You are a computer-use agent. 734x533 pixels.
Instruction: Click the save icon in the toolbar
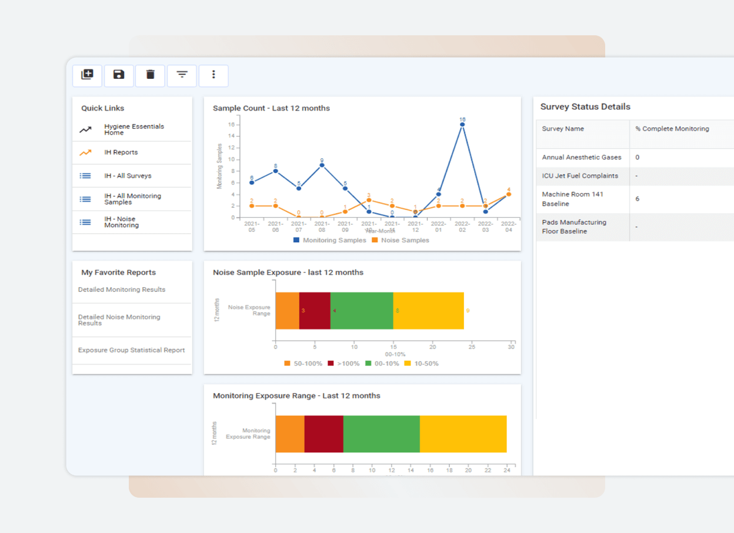(x=119, y=75)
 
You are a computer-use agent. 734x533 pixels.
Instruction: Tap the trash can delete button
(x=151, y=75)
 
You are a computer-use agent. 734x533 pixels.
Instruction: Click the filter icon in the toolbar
(x=182, y=75)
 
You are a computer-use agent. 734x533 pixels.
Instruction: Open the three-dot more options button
(x=213, y=75)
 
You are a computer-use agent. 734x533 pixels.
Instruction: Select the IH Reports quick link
(x=121, y=152)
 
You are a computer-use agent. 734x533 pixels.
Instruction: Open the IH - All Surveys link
(x=128, y=176)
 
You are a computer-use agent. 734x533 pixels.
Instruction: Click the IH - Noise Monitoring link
(x=121, y=222)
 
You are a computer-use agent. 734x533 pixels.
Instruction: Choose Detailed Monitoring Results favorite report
(x=122, y=289)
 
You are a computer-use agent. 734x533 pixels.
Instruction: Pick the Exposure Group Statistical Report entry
(x=131, y=350)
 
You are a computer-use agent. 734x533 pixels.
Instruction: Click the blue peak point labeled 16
(x=462, y=124)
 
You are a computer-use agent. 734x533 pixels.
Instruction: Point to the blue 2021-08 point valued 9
(x=322, y=165)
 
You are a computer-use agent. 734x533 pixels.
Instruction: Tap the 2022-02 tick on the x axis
(x=462, y=227)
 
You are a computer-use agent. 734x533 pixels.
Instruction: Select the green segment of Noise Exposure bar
(x=362, y=310)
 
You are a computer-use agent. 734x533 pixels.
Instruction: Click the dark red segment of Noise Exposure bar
(x=315, y=310)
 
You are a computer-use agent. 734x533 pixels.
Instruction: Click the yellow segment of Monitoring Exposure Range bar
(x=463, y=434)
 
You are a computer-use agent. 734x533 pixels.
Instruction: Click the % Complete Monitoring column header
(x=672, y=129)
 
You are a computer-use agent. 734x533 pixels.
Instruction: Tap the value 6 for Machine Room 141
(x=638, y=199)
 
